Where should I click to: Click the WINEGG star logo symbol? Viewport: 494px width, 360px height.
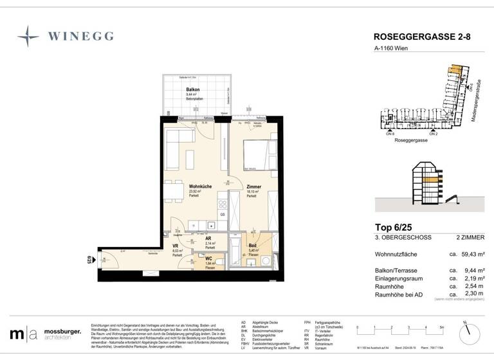pyautogui.click(x=28, y=37)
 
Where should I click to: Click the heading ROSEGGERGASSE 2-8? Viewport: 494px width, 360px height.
pyautogui.click(x=422, y=38)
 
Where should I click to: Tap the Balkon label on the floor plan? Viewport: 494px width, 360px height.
pyautogui.click(x=192, y=90)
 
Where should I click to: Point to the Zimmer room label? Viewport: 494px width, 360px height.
pyautogui.click(x=253, y=187)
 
